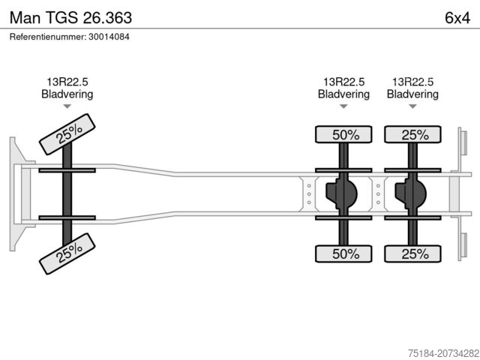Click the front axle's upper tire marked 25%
[x=68, y=133]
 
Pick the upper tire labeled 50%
[x=343, y=135]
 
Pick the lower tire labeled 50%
[x=343, y=253]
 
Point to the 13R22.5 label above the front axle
[x=67, y=82]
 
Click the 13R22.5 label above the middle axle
[x=343, y=82]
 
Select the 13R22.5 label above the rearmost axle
[x=412, y=82]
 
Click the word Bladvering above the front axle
[x=67, y=94]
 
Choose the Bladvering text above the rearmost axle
[x=412, y=94]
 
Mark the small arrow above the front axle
[x=67, y=106]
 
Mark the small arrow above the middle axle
[x=343, y=106]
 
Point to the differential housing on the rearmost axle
[x=411, y=194]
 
